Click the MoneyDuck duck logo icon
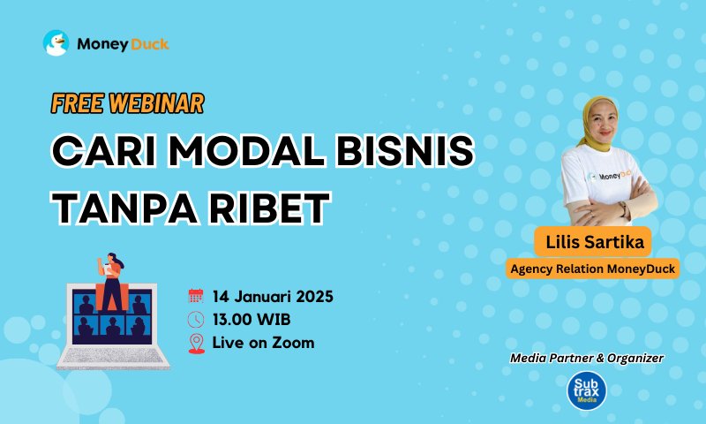56,43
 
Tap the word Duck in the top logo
149,44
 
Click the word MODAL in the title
247,150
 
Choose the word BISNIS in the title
405,150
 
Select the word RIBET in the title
271,208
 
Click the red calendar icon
196,296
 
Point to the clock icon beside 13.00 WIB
196,320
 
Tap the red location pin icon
196,344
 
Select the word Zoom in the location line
293,343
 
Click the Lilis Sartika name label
593,242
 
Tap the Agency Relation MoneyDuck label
592,269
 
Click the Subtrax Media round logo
587,390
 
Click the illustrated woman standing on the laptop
111,282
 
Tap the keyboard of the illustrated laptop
113,355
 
